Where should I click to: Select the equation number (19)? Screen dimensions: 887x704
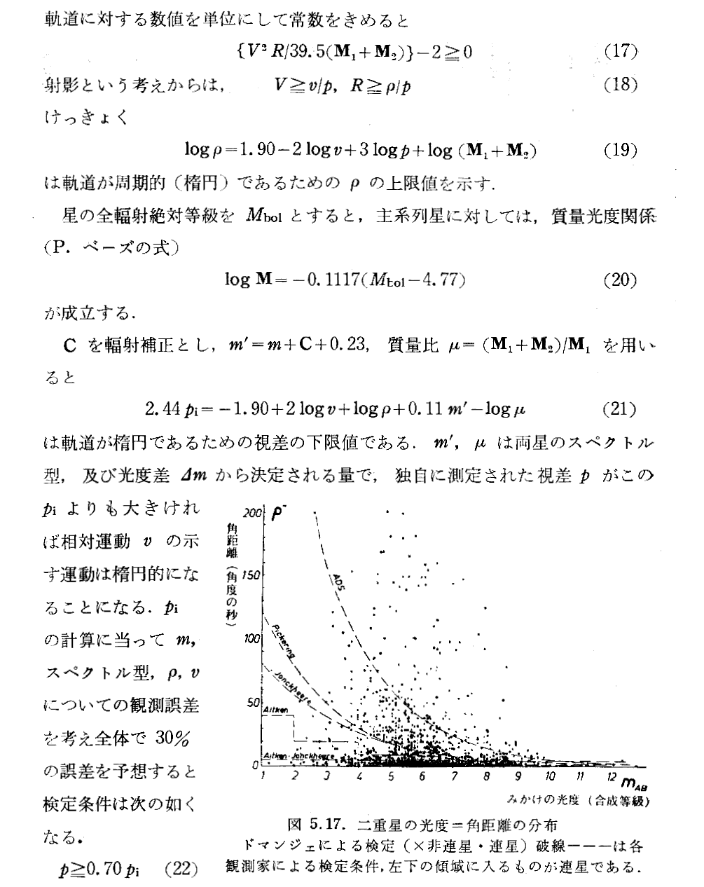tap(620, 151)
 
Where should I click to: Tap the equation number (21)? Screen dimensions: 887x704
tap(620, 408)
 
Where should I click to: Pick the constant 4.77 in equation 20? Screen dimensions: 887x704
tap(441, 280)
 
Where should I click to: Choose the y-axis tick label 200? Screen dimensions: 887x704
tap(253, 512)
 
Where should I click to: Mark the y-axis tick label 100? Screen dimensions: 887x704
tap(253, 638)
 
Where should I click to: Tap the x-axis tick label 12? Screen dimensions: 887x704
tap(612, 778)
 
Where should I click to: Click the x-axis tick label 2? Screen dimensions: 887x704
tap(295, 778)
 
